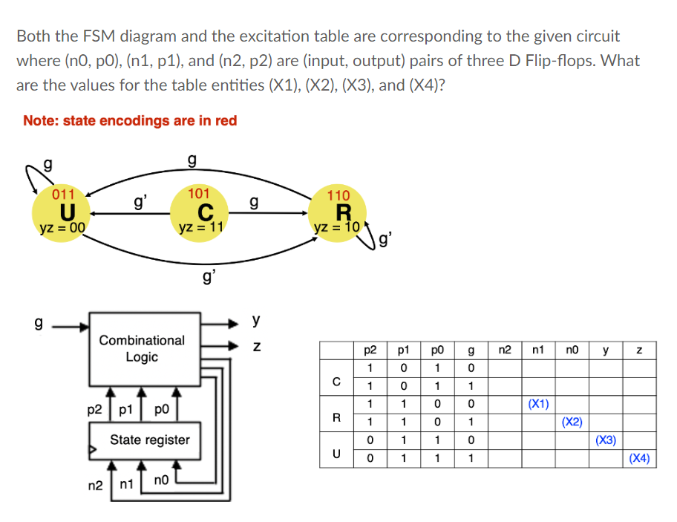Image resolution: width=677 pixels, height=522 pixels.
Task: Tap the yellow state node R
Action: point(338,212)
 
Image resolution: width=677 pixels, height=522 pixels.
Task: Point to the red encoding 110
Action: point(338,195)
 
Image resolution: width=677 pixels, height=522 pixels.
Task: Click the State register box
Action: point(150,440)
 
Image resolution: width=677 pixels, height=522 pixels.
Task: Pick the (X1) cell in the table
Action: point(538,405)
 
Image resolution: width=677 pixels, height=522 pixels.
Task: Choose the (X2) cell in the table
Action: point(572,423)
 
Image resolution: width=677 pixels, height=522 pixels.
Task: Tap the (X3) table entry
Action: point(606,440)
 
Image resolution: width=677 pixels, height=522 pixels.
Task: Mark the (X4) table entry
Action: point(639,458)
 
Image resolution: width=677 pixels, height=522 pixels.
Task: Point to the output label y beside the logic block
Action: point(256,320)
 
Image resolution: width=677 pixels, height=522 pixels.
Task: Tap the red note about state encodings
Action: point(130,120)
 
